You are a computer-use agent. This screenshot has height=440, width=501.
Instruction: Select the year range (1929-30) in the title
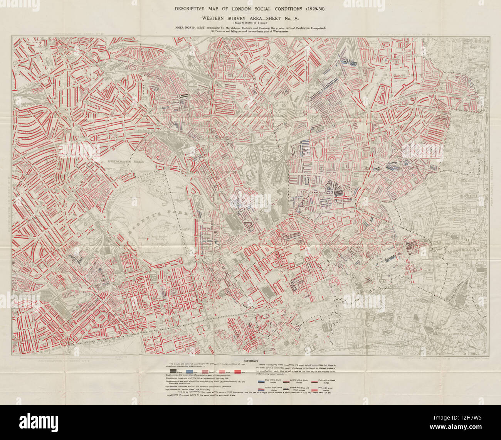(x=313, y=8)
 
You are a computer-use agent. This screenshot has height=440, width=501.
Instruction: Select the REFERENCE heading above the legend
(x=250, y=361)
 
